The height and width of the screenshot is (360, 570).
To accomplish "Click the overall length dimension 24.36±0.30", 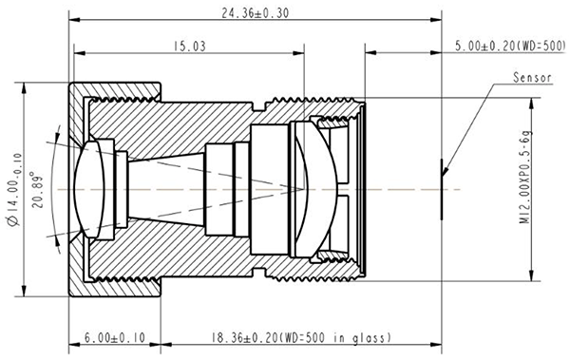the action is click(x=256, y=13).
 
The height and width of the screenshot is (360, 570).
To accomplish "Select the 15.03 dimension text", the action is click(x=189, y=47).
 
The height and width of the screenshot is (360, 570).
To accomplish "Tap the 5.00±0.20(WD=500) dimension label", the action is click(x=511, y=47).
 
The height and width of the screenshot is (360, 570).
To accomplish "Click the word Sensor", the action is click(x=532, y=78).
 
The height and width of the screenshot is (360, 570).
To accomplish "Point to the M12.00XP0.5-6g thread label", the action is click(x=525, y=177).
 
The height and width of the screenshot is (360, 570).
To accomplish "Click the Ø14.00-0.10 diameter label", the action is click(x=14, y=190).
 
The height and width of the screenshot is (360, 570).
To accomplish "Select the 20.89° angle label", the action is click(x=37, y=189).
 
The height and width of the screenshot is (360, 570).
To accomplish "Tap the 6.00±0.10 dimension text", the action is click(x=115, y=337).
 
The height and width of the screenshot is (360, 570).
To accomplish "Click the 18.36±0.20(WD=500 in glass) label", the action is click(x=301, y=337).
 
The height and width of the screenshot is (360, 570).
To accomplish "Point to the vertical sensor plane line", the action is click(x=442, y=189).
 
